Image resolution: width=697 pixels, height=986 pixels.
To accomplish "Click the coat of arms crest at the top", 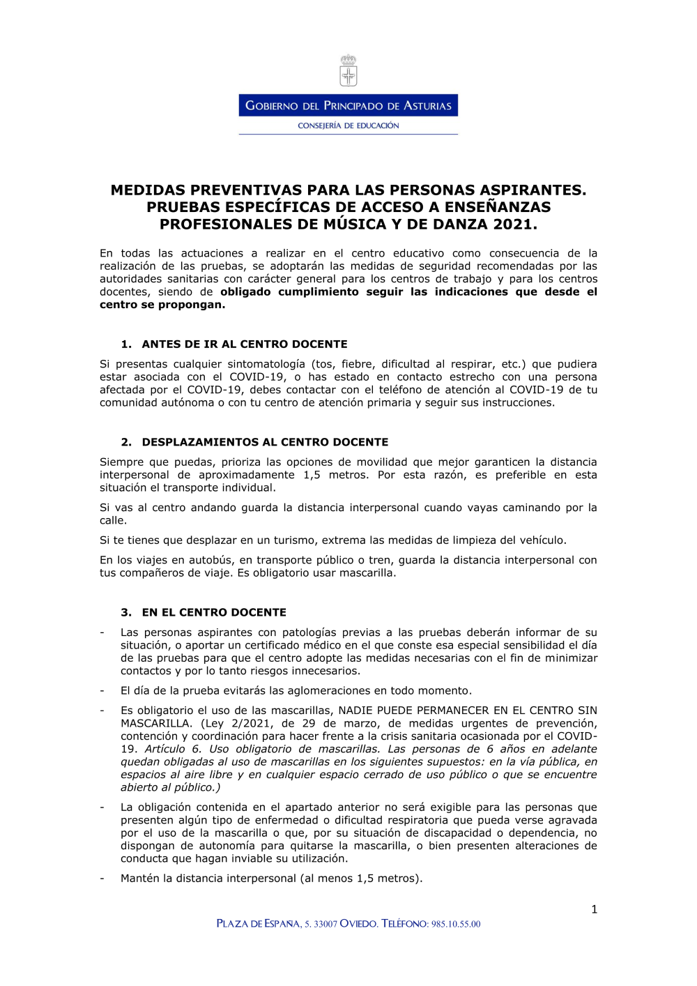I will point(348,70).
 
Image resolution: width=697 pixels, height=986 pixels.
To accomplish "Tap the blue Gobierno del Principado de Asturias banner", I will point(348,105).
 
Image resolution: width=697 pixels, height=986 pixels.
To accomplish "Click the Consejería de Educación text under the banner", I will point(348,126).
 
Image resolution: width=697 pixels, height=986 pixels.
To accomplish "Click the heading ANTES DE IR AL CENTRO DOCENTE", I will point(244,344).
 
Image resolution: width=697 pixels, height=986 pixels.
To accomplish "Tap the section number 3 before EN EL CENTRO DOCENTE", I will point(125,612).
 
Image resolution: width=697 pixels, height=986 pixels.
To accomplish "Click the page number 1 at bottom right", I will point(594,909).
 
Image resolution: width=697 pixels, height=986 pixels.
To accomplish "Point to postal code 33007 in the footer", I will point(325,924).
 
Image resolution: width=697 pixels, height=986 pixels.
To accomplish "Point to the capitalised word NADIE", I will point(355,711).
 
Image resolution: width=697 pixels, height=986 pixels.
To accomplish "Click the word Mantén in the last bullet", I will point(140,879).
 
